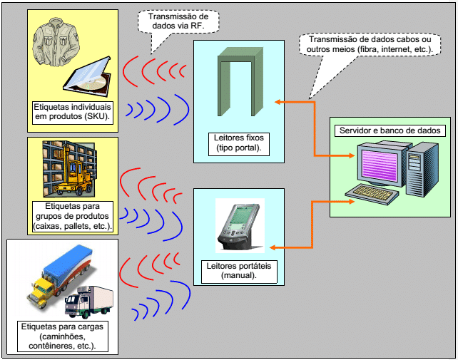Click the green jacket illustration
(x=56, y=41)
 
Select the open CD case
(x=87, y=77)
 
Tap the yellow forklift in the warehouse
(x=73, y=178)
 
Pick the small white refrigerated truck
(x=89, y=302)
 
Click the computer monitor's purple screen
(x=380, y=166)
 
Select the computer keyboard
(x=372, y=194)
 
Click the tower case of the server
(x=422, y=169)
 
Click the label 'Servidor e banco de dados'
(x=390, y=130)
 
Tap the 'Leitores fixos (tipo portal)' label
(x=239, y=143)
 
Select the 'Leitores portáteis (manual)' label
(x=239, y=271)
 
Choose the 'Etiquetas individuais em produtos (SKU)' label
(x=73, y=112)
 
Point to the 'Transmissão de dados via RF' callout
(x=178, y=21)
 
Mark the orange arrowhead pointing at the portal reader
(x=278, y=102)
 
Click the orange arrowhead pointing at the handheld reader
(x=273, y=248)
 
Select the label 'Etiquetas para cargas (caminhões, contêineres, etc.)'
(x=63, y=336)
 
